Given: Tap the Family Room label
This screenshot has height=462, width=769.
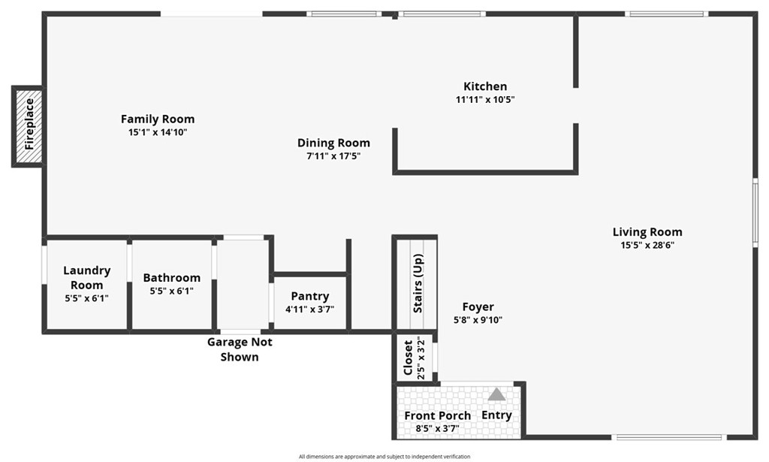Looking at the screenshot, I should click(x=158, y=119).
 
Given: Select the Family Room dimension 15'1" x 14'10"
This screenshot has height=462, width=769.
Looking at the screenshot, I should click(x=158, y=132).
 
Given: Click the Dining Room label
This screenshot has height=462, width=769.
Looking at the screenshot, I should click(x=333, y=143).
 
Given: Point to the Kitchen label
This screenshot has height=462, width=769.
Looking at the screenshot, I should click(x=485, y=86).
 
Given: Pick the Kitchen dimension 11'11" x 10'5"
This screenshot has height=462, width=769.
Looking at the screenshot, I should click(x=485, y=99).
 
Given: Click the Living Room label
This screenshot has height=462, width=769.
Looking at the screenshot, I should click(x=647, y=232).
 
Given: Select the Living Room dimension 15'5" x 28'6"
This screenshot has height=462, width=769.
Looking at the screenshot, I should click(x=647, y=245).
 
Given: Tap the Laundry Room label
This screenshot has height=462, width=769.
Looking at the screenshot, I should click(x=86, y=277).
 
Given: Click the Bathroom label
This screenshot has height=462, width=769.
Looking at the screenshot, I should click(x=172, y=278).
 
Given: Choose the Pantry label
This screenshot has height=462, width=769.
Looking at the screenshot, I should click(x=310, y=297).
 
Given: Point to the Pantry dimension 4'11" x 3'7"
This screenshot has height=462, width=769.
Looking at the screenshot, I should click(x=310, y=309).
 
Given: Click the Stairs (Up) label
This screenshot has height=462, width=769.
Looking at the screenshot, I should click(x=418, y=284).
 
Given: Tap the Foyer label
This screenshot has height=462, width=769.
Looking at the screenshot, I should click(x=478, y=306).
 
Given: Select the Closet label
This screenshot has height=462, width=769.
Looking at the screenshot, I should click(x=409, y=358).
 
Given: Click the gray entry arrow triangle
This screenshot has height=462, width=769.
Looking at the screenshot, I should click(x=496, y=394).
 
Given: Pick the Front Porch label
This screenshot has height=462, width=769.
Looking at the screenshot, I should click(x=438, y=415).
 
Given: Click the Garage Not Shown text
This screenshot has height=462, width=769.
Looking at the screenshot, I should click(x=240, y=349).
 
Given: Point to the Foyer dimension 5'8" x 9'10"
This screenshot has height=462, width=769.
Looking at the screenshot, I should click(x=478, y=319).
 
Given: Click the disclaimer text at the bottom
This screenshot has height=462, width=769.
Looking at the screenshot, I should click(x=384, y=456).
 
